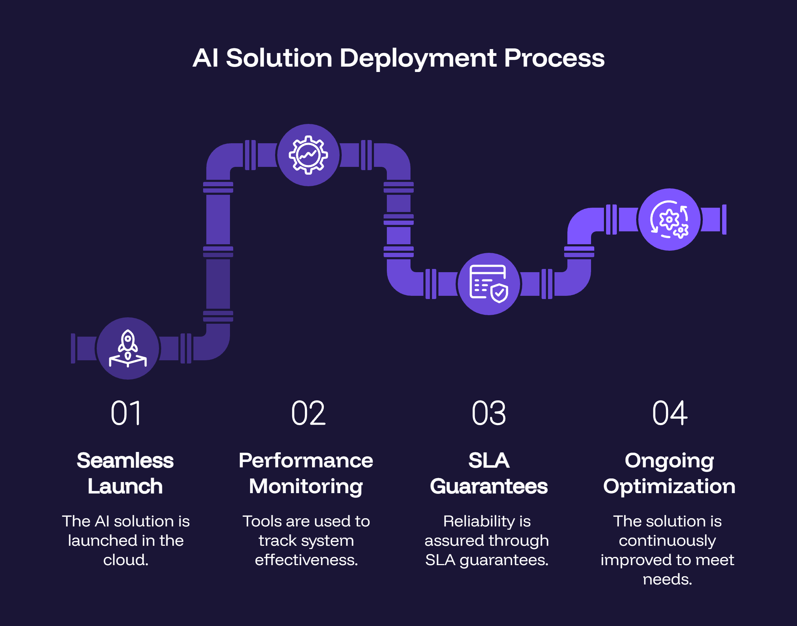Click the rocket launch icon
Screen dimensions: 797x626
(x=128, y=348)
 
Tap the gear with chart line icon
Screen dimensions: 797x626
(x=308, y=155)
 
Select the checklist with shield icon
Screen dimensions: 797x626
(x=489, y=284)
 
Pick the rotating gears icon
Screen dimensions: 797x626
(x=669, y=220)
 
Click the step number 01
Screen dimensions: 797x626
(x=126, y=413)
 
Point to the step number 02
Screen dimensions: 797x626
(x=308, y=413)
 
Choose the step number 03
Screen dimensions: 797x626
(x=489, y=413)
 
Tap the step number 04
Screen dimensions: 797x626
(x=669, y=413)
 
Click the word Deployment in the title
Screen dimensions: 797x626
(x=418, y=59)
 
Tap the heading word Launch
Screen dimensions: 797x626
(x=125, y=486)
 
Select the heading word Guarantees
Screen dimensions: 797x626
(x=489, y=486)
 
